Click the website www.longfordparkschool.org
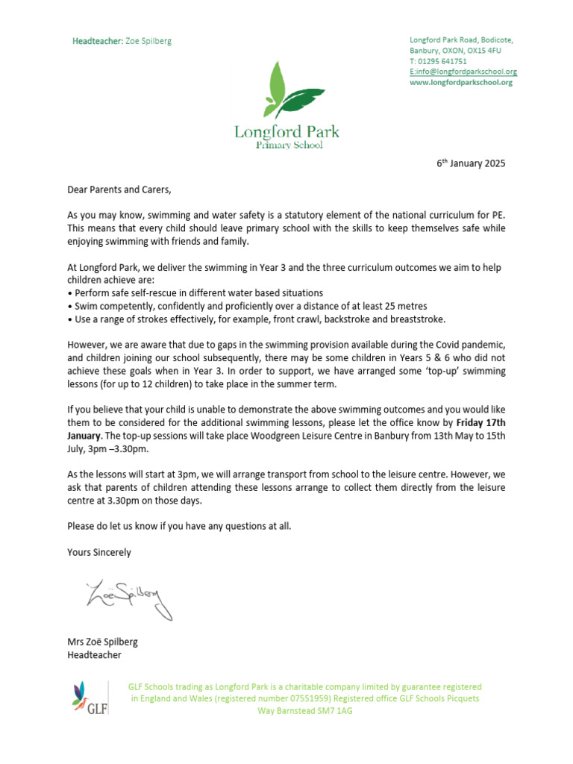[461, 83]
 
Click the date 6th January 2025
[471, 163]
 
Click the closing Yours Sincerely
[98, 553]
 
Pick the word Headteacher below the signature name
[94, 655]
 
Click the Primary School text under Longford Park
[289, 145]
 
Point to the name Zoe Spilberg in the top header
[148, 41]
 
